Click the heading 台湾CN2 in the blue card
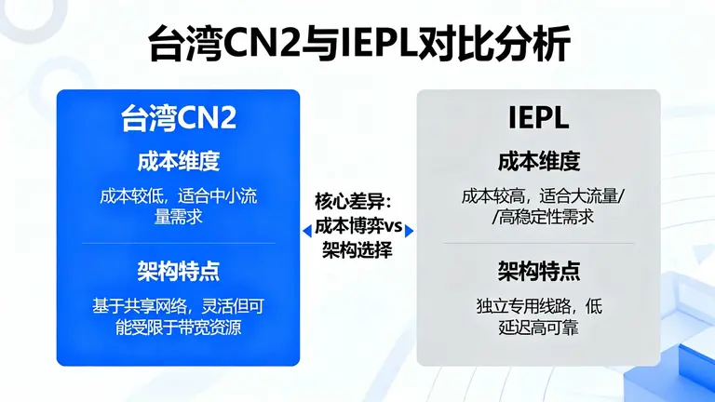pyautogui.click(x=178, y=118)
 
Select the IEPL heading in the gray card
pyautogui.click(x=538, y=119)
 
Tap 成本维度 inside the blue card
pyautogui.click(x=178, y=160)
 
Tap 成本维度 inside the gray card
pyautogui.click(x=538, y=160)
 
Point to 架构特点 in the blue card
pyautogui.click(x=178, y=271)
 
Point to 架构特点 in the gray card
pyautogui.click(x=538, y=271)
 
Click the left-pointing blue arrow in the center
pyautogui.click(x=306, y=229)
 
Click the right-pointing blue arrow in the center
pyautogui.click(x=409, y=229)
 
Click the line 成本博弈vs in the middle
pyautogui.click(x=357, y=226)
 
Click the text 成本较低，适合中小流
pyautogui.click(x=178, y=196)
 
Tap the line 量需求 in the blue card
pyautogui.click(x=178, y=217)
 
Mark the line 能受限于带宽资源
pyautogui.click(x=178, y=327)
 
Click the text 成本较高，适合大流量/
pyautogui.click(x=538, y=196)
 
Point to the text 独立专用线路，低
pyautogui.click(x=538, y=306)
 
